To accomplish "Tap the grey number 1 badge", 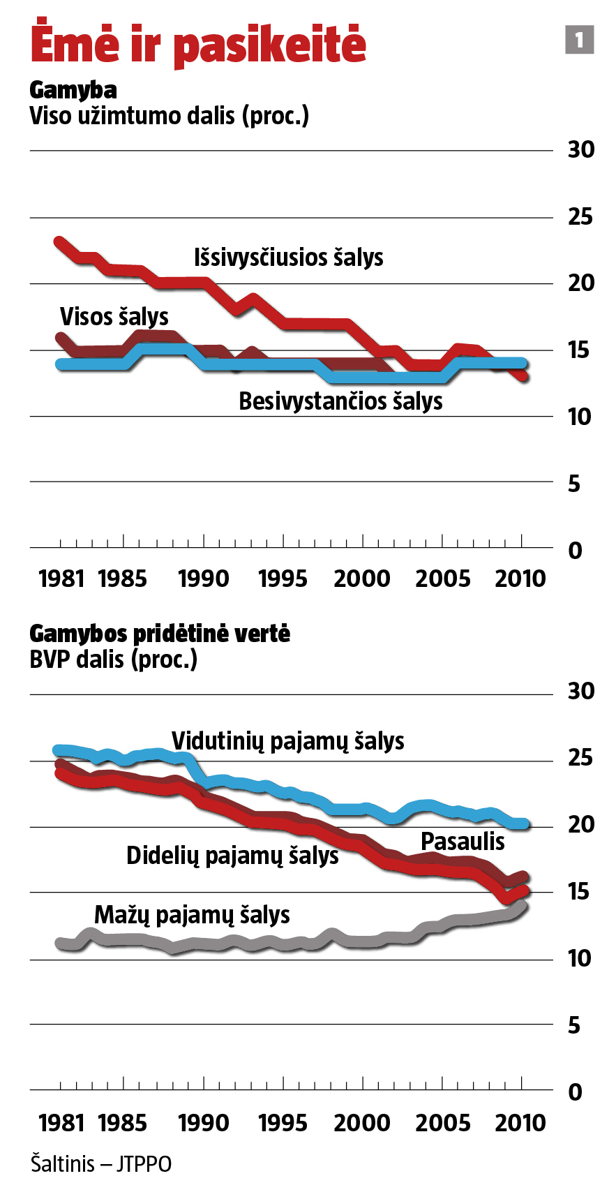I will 579,40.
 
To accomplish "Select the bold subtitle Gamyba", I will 73,90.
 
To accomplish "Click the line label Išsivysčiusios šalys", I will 288,258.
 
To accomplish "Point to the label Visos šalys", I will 114,317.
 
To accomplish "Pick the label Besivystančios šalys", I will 340,401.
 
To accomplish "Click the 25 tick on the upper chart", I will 580,217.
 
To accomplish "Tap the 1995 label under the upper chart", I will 283,579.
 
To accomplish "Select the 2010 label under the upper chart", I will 520,579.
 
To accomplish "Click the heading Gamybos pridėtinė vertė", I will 160,634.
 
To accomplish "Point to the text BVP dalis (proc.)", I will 114,660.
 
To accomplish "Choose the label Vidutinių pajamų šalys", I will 287,741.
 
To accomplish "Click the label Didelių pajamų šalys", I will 232,856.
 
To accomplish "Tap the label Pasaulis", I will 463,842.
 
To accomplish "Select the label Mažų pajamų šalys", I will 192,915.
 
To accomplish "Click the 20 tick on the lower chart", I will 580,825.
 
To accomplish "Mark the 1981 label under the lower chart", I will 61,1123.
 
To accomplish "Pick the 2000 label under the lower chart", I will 362,1123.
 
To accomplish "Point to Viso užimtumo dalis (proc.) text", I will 169,116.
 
